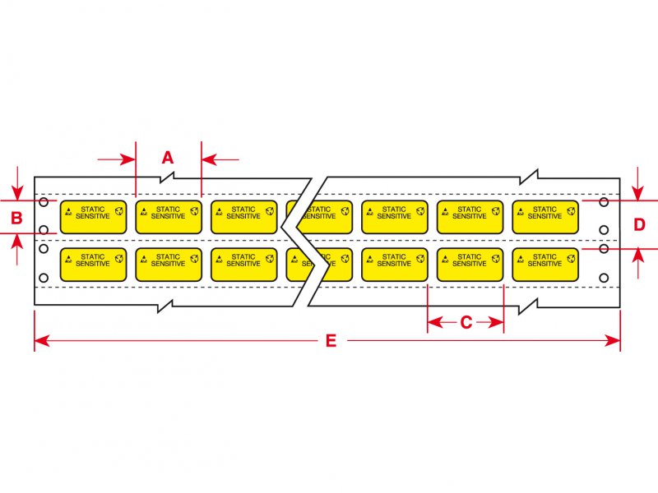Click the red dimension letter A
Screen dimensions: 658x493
(168, 158)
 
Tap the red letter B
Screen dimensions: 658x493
(16, 218)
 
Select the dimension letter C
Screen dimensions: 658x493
(466, 322)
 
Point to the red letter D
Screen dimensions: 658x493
(639, 225)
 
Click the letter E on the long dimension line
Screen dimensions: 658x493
(331, 341)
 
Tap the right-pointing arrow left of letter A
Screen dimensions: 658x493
(117, 159)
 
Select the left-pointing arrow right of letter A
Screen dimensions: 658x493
(220, 159)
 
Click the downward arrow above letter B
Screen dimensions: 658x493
(17, 183)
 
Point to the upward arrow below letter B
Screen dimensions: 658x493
(17, 249)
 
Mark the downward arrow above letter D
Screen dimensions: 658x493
(638, 183)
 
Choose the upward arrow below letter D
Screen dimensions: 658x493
(638, 263)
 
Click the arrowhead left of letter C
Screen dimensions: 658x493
(435, 322)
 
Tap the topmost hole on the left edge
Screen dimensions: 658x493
(44, 202)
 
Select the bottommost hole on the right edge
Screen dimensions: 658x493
(604, 278)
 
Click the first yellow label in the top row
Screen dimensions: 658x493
(93, 217)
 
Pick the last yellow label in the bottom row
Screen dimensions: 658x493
(545, 265)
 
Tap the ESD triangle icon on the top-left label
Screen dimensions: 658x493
(68, 212)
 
